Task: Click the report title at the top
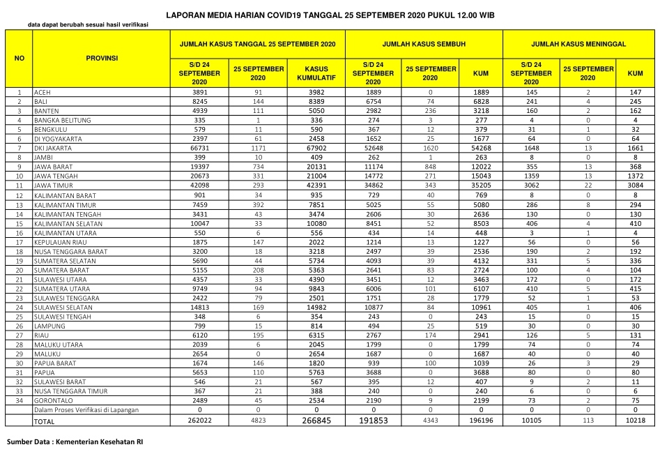pos(330,14)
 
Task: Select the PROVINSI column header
pos(102,58)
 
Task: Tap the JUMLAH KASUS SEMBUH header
pos(424,43)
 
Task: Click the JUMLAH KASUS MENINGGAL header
pos(582,43)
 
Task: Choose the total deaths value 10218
pos(635,421)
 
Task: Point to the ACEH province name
pos(43,92)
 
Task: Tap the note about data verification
pos(88,25)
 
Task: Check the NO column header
pos(19,58)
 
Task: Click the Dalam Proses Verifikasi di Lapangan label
pos(86,410)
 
